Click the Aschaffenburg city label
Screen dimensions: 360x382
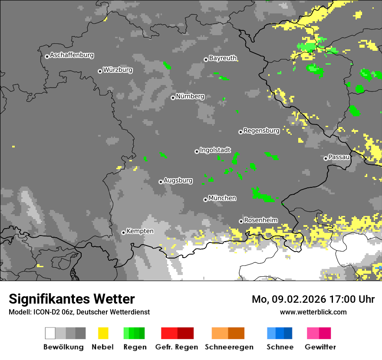(x=72, y=56)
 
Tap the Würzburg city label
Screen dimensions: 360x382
(x=118, y=70)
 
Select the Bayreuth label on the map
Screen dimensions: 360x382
(x=223, y=58)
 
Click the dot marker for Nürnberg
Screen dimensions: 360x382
(x=173, y=98)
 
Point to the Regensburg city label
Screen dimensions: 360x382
(x=261, y=131)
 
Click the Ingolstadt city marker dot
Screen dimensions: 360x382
(x=197, y=151)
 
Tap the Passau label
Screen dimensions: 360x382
(x=339, y=157)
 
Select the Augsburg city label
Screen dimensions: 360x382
(x=178, y=180)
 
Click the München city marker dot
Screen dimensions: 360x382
(x=205, y=200)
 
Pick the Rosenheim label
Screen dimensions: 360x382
(x=260, y=220)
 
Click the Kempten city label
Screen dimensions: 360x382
(x=140, y=231)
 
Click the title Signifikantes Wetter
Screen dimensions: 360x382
(x=72, y=299)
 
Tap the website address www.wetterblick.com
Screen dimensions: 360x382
(x=313, y=312)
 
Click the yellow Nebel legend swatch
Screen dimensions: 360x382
(x=103, y=333)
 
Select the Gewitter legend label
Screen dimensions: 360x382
(x=320, y=347)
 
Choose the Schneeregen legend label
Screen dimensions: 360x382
(x=227, y=347)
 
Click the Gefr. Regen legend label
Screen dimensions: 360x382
(x=176, y=347)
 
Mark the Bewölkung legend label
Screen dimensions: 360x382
(x=63, y=347)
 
